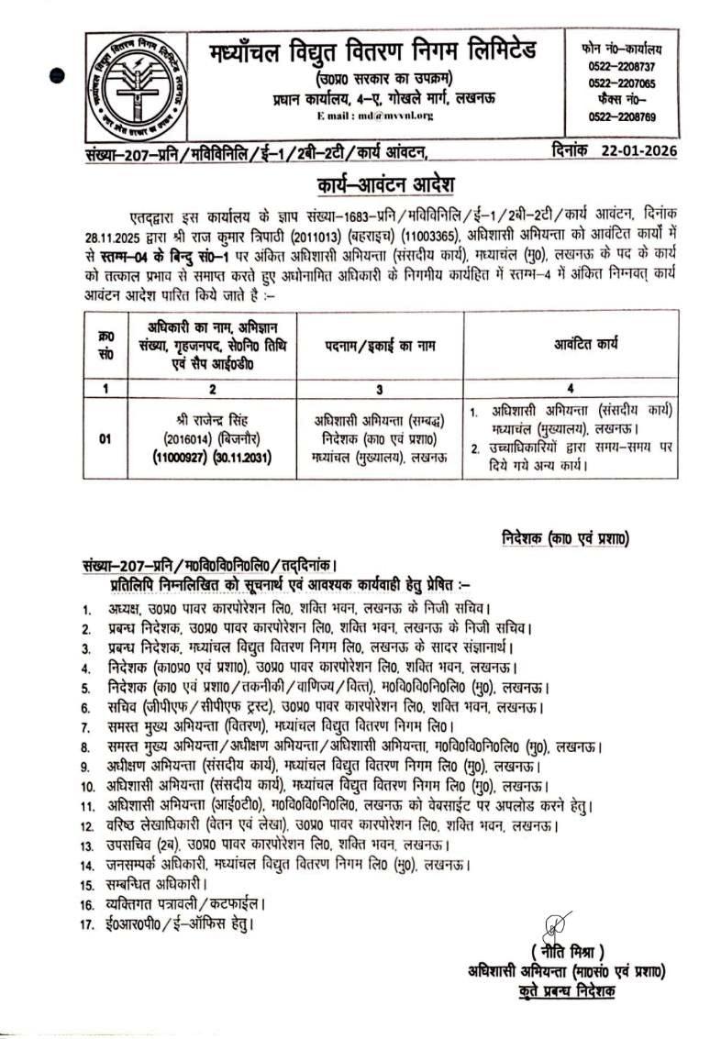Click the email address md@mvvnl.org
pos(376,115)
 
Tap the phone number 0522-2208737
pos(627,66)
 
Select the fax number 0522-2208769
pos(627,116)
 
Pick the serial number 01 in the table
pos(105,438)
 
